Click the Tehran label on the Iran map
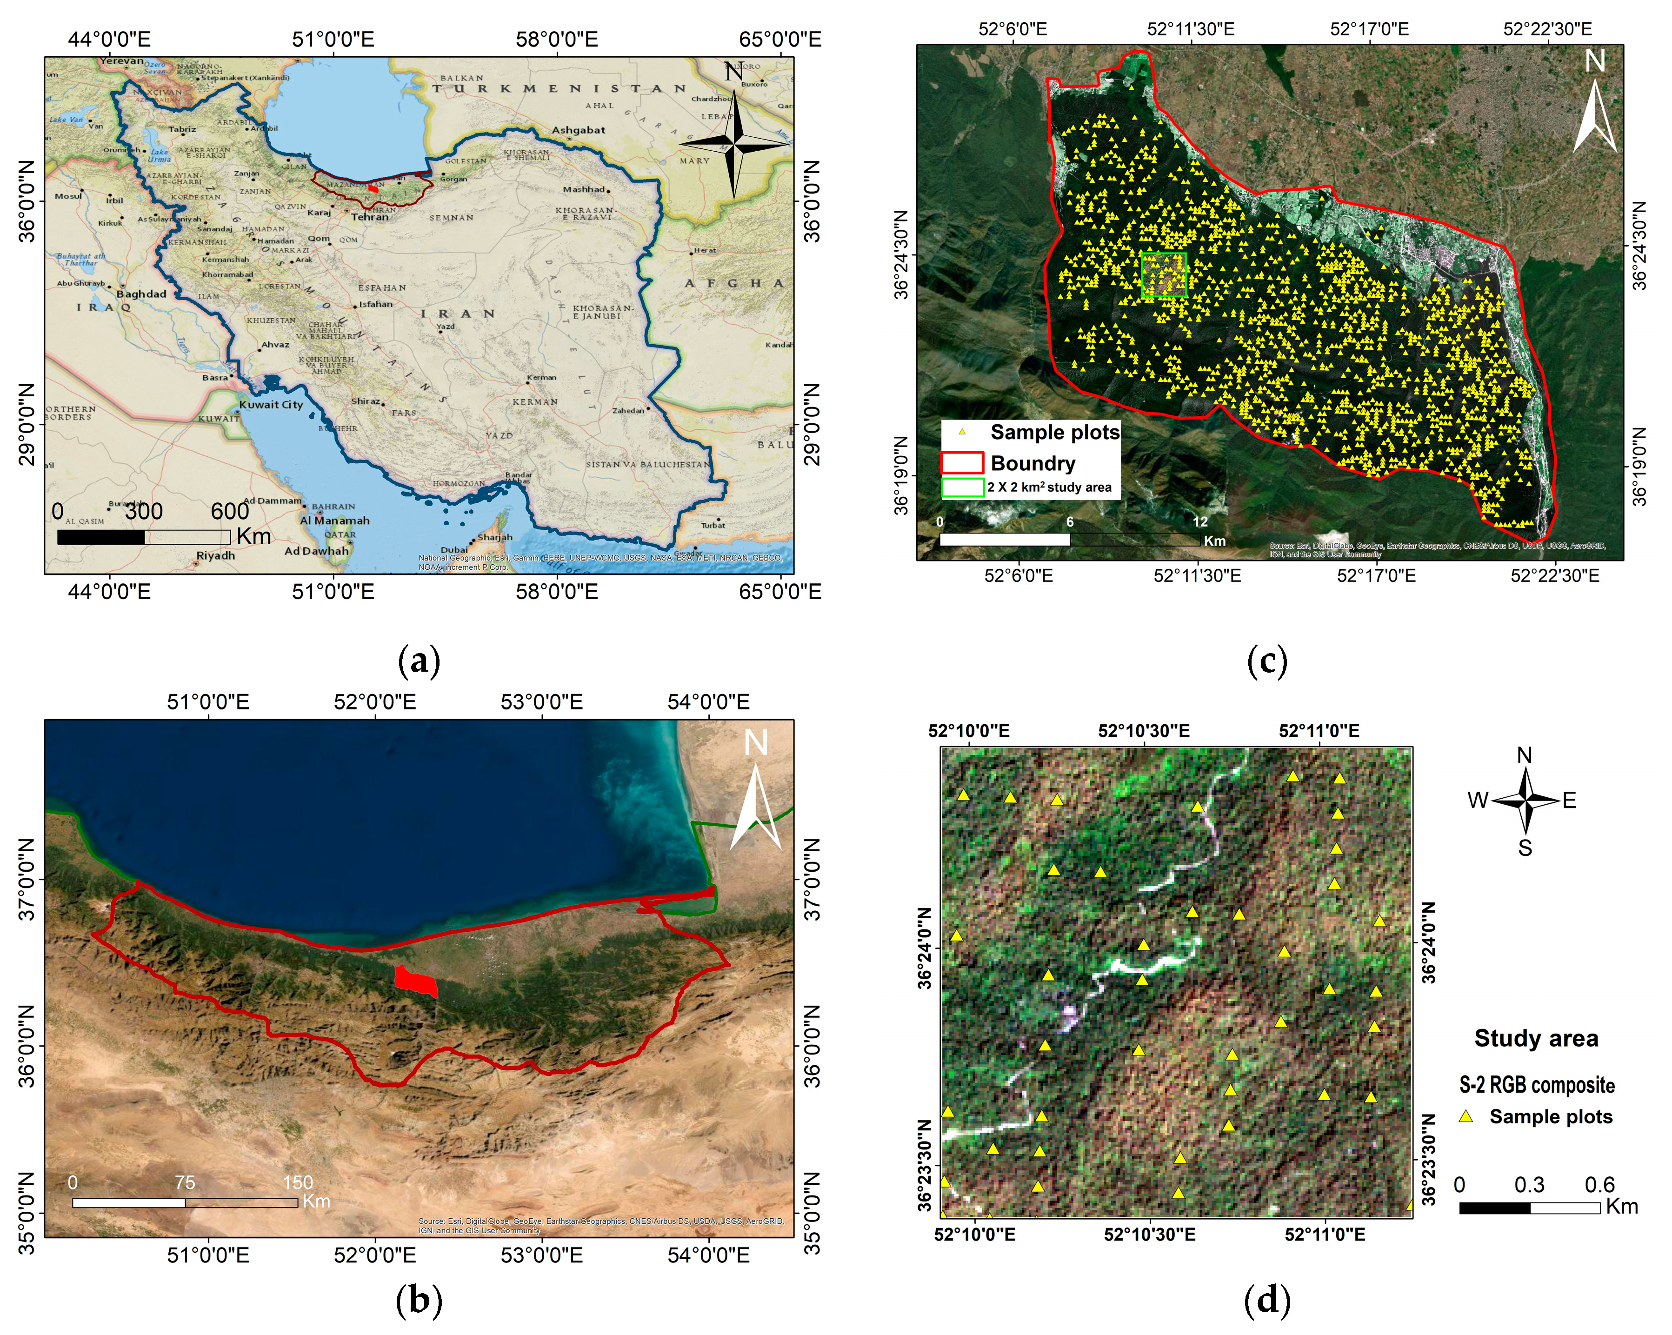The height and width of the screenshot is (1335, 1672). tap(370, 217)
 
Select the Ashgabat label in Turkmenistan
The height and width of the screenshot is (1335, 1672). tap(579, 130)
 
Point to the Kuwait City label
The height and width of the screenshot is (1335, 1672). tap(271, 405)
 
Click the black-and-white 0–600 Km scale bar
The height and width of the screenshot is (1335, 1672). tap(144, 537)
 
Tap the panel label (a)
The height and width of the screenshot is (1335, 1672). tap(419, 661)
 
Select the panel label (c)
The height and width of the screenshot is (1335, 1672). tap(1267, 661)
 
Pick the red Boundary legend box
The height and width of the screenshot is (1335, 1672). tap(962, 463)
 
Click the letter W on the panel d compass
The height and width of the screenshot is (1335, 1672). tap(1478, 801)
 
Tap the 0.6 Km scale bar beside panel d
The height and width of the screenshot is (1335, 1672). tap(1529, 1208)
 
